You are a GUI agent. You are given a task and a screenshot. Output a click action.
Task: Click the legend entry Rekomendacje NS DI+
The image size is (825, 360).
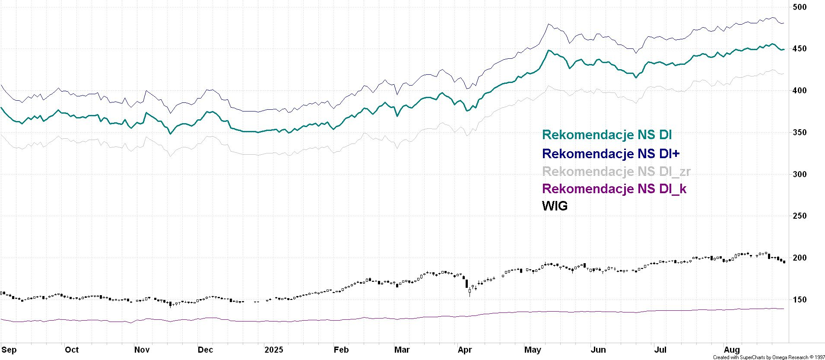[611, 153]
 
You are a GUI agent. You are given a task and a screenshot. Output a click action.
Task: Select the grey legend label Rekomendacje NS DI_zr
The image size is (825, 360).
[616, 171]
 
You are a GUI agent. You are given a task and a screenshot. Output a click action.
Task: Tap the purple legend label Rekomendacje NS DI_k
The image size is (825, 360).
[614, 188]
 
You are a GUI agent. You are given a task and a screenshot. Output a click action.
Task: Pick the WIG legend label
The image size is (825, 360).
[555, 206]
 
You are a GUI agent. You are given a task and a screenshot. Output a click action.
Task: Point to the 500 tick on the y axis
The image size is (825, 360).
[800, 7]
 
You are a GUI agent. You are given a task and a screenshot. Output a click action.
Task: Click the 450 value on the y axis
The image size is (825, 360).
[800, 49]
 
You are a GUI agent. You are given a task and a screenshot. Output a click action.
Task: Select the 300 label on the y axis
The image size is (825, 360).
[800, 174]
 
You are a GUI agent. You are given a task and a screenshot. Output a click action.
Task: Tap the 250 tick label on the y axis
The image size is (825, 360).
[800, 216]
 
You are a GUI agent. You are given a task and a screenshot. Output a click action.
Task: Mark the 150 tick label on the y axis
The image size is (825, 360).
[800, 299]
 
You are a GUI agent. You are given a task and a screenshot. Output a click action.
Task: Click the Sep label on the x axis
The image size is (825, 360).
[9, 350]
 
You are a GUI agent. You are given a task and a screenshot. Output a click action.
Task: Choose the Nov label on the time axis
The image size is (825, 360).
[142, 350]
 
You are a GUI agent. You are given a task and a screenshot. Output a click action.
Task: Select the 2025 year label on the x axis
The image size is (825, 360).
[273, 350]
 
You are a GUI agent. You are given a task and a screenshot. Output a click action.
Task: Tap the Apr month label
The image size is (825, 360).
[465, 350]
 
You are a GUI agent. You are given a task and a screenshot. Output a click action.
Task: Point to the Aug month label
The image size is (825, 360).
[732, 350]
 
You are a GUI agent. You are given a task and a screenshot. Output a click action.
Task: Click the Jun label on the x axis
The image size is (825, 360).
[598, 350]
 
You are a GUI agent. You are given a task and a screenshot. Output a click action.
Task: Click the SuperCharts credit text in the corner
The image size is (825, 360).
[768, 357]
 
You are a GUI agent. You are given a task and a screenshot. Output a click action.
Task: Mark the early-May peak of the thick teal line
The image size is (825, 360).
[549, 51]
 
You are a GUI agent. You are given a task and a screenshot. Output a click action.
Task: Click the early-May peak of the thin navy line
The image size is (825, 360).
[548, 24]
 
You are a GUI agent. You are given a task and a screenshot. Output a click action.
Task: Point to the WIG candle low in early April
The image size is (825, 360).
[470, 296]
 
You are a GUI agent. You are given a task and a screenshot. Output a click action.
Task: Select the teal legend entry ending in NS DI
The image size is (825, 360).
[607, 135]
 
